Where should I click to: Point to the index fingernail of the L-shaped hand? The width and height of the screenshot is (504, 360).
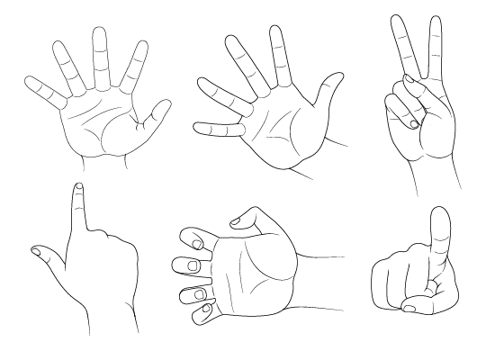(x=79, y=187)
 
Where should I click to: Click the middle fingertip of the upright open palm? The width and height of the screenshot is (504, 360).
(x=99, y=32)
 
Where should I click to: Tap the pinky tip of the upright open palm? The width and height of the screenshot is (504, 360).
(x=30, y=83)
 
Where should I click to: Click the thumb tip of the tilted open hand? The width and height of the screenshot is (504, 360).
(x=337, y=71)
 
